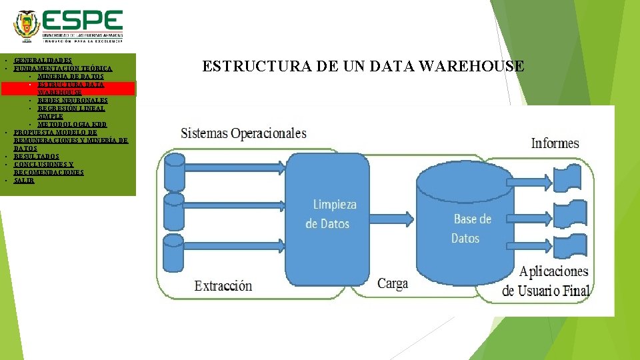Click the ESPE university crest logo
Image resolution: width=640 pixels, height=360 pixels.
27,26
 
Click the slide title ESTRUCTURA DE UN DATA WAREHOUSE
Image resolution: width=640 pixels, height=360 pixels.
363,66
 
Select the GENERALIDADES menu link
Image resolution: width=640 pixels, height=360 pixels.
43,60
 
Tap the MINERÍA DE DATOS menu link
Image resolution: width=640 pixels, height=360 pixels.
70,76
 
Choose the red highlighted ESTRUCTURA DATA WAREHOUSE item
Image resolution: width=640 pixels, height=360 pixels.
70,88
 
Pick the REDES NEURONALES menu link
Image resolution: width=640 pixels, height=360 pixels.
72,100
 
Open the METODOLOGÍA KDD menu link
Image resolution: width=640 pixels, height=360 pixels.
72,124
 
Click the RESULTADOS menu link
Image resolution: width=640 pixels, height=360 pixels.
36,156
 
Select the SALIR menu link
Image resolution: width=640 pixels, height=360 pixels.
23,180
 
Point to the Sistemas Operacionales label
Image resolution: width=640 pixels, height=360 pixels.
243,133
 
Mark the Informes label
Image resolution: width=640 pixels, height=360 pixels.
555,143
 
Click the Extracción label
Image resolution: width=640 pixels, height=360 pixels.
223,286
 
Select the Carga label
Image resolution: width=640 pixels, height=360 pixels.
393,283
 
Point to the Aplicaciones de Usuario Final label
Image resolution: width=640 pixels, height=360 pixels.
547,281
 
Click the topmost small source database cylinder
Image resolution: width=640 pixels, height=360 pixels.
174,171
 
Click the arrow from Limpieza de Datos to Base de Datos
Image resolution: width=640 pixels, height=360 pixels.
391,219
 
